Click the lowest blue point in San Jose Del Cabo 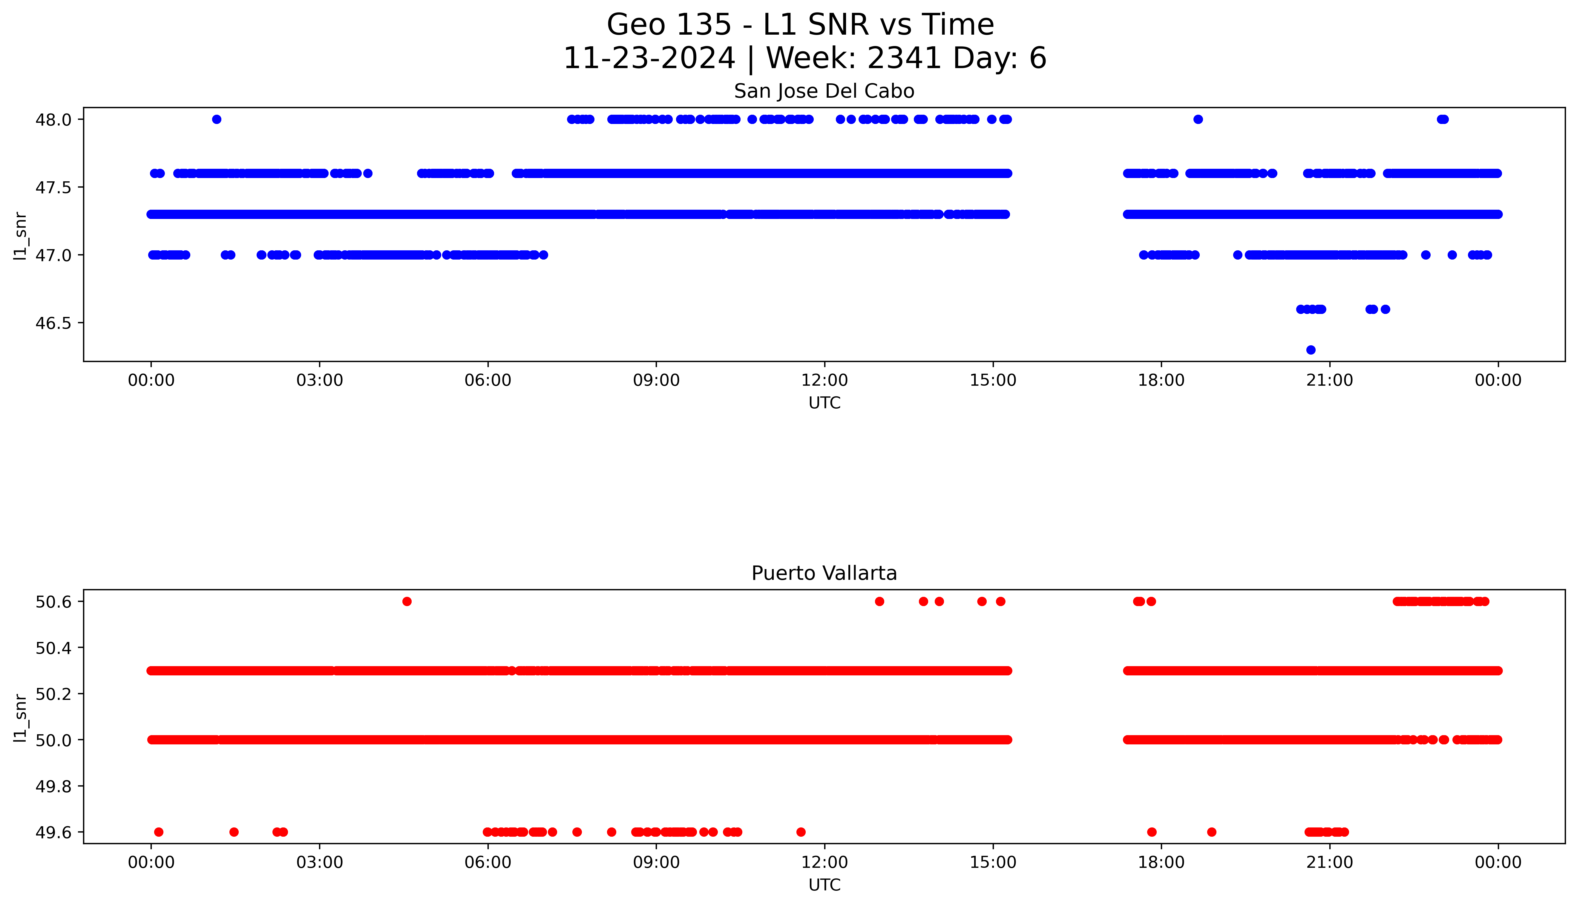[x=1311, y=350]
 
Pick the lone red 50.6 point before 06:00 [x=407, y=601]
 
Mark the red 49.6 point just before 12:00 [x=801, y=832]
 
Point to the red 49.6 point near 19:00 [x=1211, y=832]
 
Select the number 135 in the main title [x=705, y=25]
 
